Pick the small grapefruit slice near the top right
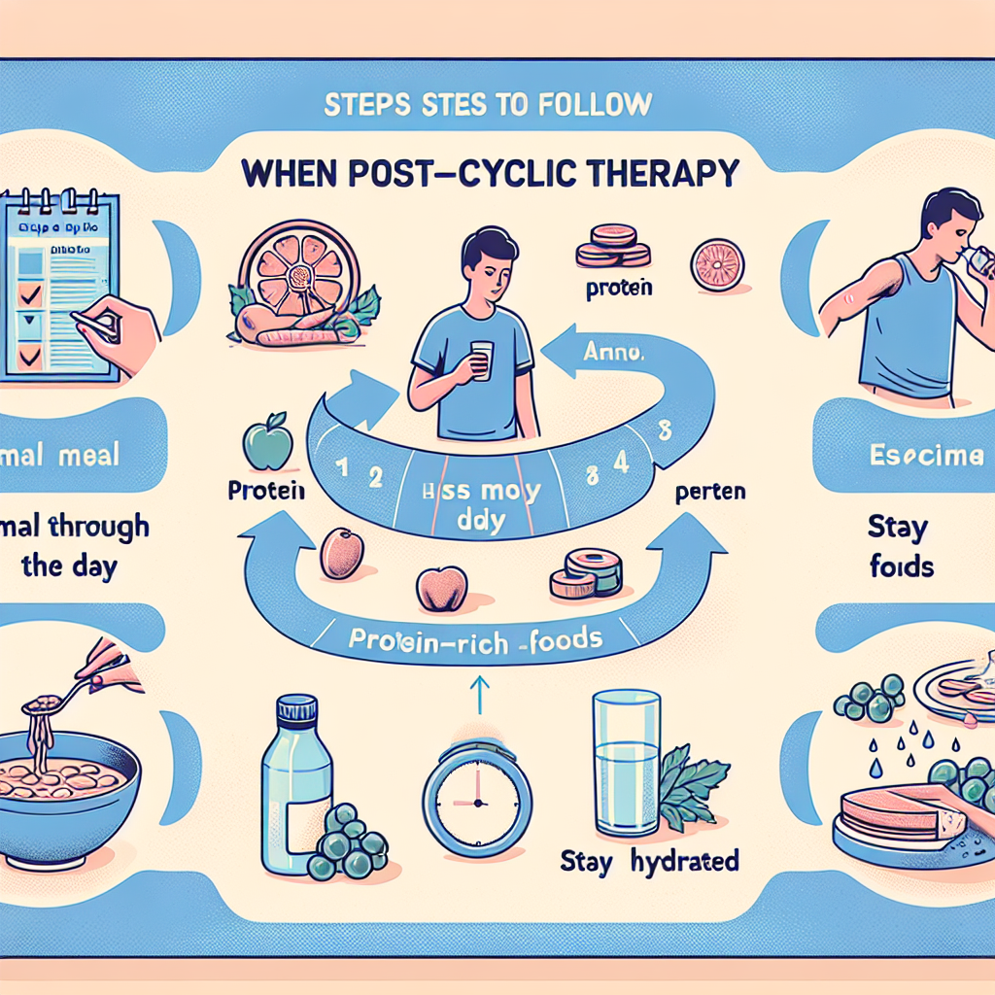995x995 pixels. [x=717, y=265]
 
